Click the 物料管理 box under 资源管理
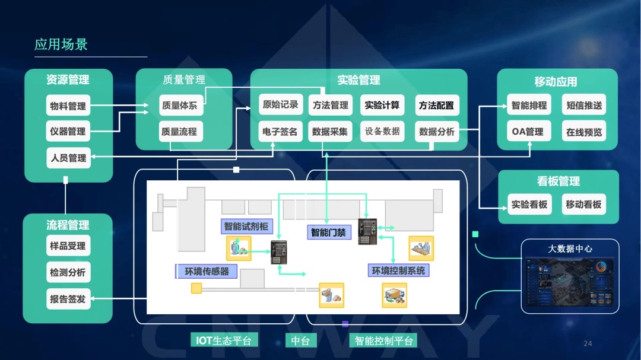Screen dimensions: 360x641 click(x=68, y=106)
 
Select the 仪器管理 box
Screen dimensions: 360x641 click(x=68, y=131)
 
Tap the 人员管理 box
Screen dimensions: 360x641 click(x=68, y=158)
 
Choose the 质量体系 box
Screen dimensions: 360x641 click(x=179, y=106)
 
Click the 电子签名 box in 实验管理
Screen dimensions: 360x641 click(x=280, y=131)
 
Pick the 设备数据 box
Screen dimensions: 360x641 click(x=382, y=131)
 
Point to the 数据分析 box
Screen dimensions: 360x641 click(x=436, y=131)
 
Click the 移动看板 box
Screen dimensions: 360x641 click(x=583, y=205)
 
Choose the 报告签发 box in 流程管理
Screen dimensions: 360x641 click(x=68, y=299)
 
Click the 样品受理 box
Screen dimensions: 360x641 click(x=68, y=246)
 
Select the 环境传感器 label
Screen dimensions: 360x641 click(x=206, y=272)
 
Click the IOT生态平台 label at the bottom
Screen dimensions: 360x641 click(x=224, y=340)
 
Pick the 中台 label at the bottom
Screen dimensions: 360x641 click(x=300, y=340)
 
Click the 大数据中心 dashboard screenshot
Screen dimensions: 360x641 click(x=570, y=282)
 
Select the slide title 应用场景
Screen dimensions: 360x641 click(x=61, y=44)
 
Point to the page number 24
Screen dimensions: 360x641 click(x=588, y=343)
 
